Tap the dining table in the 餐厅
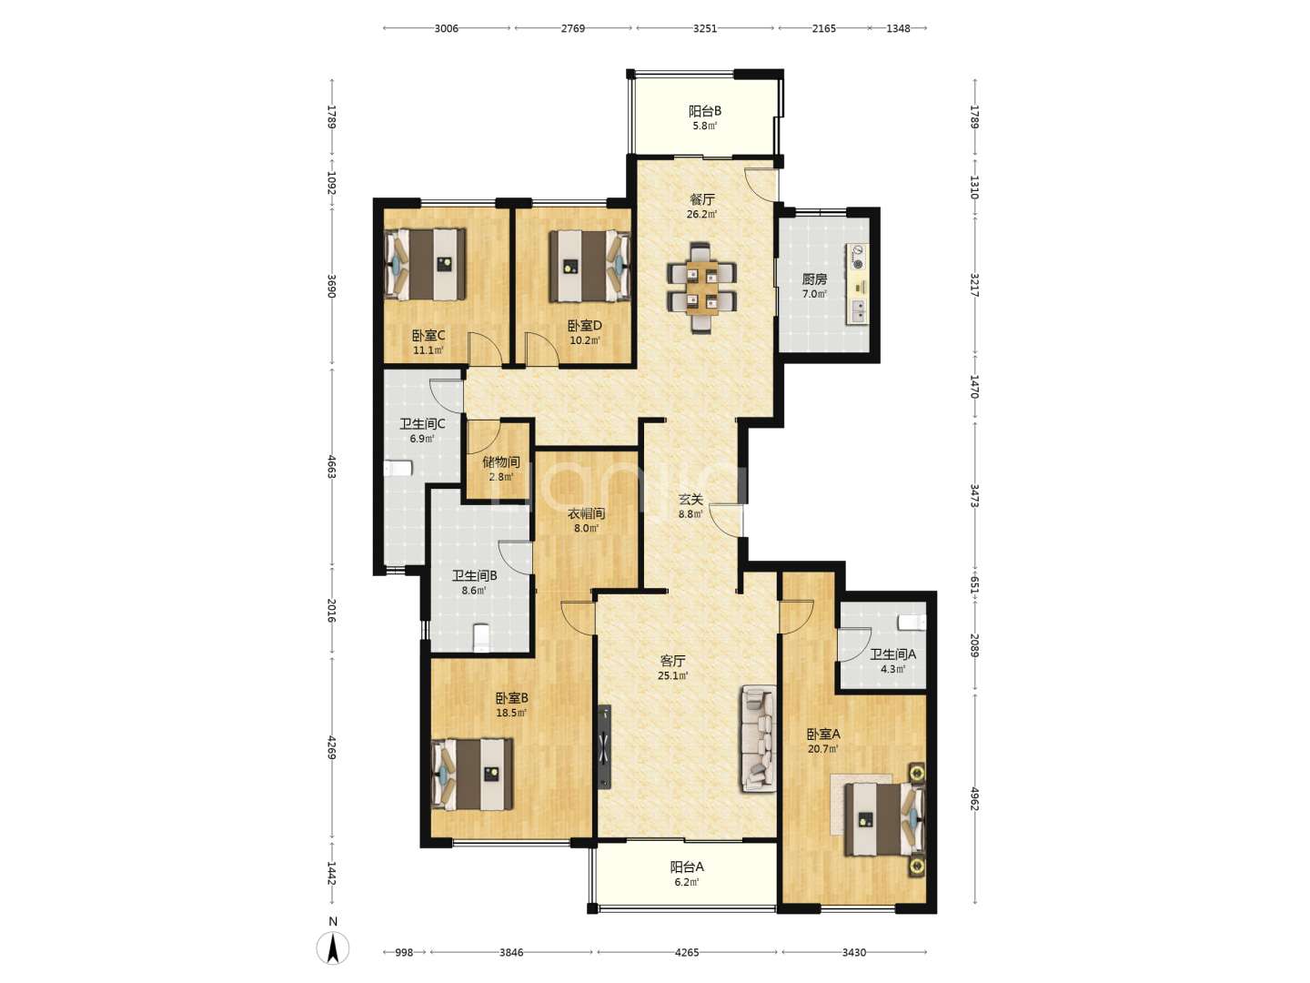coord(701,287)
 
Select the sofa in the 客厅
coord(758,738)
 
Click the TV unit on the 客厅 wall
coord(605,746)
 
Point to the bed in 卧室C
coord(425,264)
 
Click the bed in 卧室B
coord(472,774)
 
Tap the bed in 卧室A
coord(884,819)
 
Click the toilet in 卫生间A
coord(912,622)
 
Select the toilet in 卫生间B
coord(480,637)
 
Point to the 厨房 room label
coord(814,279)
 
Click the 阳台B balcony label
coord(705,111)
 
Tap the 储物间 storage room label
coord(500,462)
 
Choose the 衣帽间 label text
coord(586,513)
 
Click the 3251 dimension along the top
coord(705,28)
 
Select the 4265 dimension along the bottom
coord(687,953)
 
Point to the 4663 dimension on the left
coord(332,467)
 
